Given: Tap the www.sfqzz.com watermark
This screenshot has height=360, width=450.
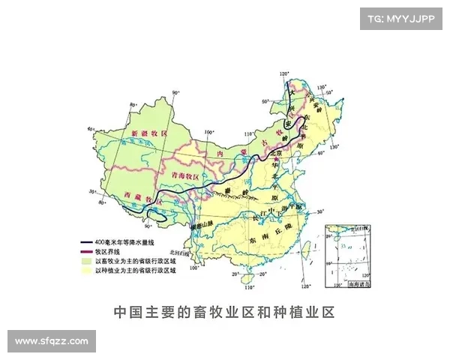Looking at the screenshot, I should click(52, 341).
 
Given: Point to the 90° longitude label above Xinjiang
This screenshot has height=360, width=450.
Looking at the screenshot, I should click(175, 93).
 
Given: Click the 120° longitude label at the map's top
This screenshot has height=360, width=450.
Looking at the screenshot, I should click(283, 73).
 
